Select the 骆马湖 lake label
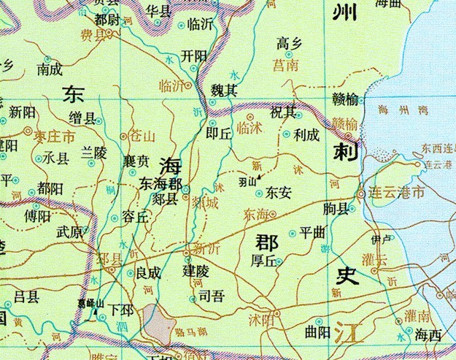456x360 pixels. pyautogui.click(x=190, y=332)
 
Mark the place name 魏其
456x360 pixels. pyautogui.click(x=224, y=91)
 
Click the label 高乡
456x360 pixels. pyautogui.click(x=289, y=45)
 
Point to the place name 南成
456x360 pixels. pyautogui.click(x=50, y=71)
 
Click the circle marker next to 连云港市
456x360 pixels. pyautogui.click(x=362, y=194)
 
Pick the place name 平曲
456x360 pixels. pyautogui.click(x=312, y=234)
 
